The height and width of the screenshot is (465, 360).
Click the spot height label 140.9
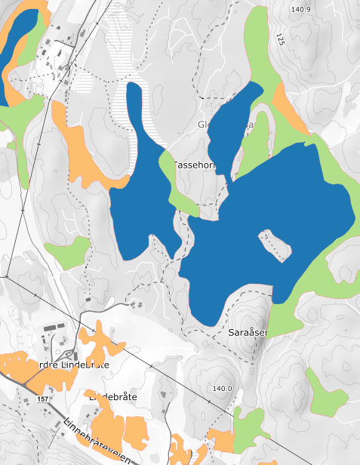click(300, 9)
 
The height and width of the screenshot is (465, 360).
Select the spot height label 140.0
click(222, 388)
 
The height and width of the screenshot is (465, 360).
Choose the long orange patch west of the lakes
click(83, 151)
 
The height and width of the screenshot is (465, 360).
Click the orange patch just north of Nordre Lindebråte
click(101, 343)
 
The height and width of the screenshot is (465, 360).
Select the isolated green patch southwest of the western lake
click(66, 254)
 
